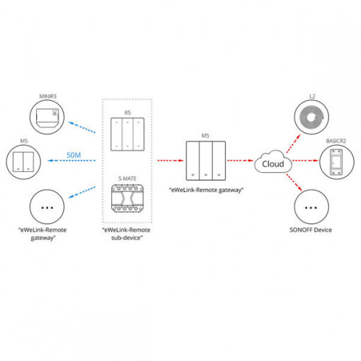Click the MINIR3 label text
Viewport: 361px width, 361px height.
[48, 96]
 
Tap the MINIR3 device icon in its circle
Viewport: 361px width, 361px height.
[47, 117]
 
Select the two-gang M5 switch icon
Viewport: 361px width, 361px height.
[23, 162]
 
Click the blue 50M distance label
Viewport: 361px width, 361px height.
[74, 155]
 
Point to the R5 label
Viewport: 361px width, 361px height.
[127, 113]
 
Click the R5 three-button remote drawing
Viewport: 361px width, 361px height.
[127, 134]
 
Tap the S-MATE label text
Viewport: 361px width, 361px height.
[127, 178]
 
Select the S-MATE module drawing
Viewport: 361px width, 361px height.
[127, 198]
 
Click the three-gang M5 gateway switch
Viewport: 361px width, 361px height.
[206, 161]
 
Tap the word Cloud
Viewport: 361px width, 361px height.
[273, 164]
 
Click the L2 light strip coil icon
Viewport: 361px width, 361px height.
[311, 117]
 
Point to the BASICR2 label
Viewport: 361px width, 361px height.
[336, 141]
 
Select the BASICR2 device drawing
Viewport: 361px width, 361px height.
[336, 162]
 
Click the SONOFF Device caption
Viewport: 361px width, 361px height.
[311, 230]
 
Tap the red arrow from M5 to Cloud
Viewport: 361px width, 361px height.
[240, 161]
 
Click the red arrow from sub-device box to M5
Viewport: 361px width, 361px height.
[171, 161]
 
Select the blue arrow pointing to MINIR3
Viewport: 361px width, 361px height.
[82, 127]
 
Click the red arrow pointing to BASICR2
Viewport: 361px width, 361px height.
[306, 161]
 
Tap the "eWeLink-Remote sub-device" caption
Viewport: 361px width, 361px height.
[126, 234]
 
